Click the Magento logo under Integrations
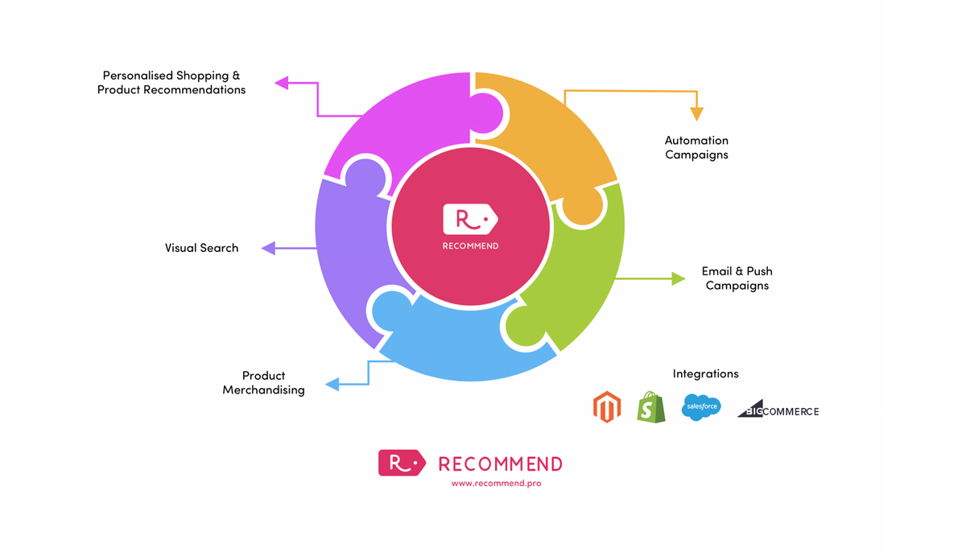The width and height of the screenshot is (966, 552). (606, 407)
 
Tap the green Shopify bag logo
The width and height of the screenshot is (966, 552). (651, 407)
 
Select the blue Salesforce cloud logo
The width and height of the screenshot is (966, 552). (700, 407)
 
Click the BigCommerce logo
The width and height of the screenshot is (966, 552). (778, 410)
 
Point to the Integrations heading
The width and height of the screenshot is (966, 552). (705, 373)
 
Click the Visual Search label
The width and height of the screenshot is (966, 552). (201, 248)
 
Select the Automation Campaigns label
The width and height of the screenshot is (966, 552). (696, 147)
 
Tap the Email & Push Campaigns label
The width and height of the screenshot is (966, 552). (737, 278)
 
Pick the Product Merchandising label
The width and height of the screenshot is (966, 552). (263, 382)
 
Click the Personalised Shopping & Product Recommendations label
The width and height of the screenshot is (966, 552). (171, 83)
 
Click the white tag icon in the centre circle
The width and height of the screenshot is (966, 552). (470, 219)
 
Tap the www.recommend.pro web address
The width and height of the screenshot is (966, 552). (496, 484)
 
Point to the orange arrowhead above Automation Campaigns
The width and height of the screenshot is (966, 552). (696, 114)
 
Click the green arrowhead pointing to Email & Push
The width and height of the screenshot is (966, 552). (679, 278)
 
